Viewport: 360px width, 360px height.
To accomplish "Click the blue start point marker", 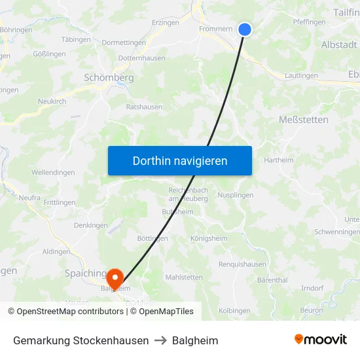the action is [245, 29].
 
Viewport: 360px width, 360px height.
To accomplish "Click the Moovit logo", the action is [321, 340].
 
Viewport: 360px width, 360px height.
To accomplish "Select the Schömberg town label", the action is [109, 77].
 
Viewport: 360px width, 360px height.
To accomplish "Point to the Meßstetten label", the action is [304, 120].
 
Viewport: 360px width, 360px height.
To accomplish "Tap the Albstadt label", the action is [339, 45].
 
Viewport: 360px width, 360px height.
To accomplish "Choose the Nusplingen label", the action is [235, 195].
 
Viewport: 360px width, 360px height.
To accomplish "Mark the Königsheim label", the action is [207, 238].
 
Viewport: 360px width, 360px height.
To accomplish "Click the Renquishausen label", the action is [242, 264].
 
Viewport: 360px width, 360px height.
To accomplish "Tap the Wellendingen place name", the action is [53, 173].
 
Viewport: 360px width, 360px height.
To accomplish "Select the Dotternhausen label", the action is [141, 58].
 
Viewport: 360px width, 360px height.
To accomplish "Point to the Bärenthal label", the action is [272, 280].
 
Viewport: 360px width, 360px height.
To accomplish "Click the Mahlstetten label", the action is [184, 277].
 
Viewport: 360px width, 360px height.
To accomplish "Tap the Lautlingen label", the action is [302, 76].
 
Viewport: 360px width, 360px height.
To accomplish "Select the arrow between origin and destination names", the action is [160, 340].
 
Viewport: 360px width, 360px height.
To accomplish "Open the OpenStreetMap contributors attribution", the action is [70, 312].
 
